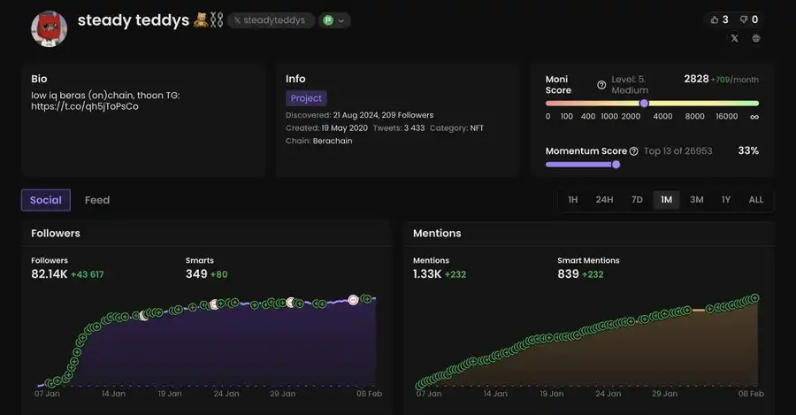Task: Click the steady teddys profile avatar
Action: coord(50,30)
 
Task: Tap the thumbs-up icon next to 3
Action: coord(714,19)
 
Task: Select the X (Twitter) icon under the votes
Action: coord(734,39)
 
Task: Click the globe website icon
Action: coord(756,39)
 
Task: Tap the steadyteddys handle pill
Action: coord(271,20)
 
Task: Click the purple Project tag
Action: coord(306,98)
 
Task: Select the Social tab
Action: coord(46,200)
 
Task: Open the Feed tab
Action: coord(97,200)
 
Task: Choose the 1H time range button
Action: coord(573,200)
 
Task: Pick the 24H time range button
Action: coord(604,200)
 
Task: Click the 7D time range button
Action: coord(637,200)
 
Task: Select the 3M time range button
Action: coord(697,200)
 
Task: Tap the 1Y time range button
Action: coord(726,200)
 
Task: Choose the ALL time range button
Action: coord(756,200)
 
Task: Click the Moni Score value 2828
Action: coord(696,79)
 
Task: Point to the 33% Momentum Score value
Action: coord(748,151)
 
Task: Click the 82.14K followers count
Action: coord(50,274)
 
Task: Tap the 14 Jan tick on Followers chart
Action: coord(112,393)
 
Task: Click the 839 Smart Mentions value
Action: coord(568,274)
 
